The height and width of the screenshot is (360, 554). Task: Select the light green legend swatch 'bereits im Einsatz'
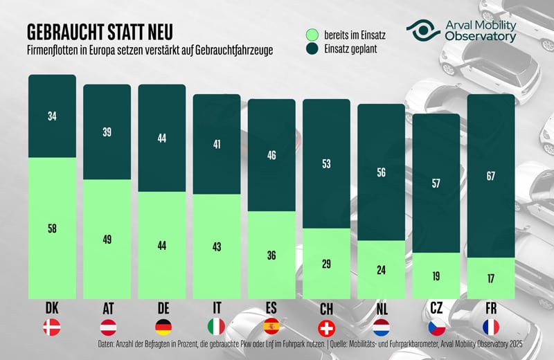click(313, 33)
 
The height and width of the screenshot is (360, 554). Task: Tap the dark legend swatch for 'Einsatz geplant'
click(313, 49)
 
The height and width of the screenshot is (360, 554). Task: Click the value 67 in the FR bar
click(490, 177)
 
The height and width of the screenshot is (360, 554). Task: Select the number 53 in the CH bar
click(327, 163)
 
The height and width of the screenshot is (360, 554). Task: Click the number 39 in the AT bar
click(107, 132)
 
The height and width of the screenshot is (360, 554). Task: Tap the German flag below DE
click(162, 326)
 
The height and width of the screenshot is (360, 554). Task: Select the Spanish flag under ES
click(271, 326)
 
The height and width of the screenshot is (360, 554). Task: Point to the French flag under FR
click(491, 326)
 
